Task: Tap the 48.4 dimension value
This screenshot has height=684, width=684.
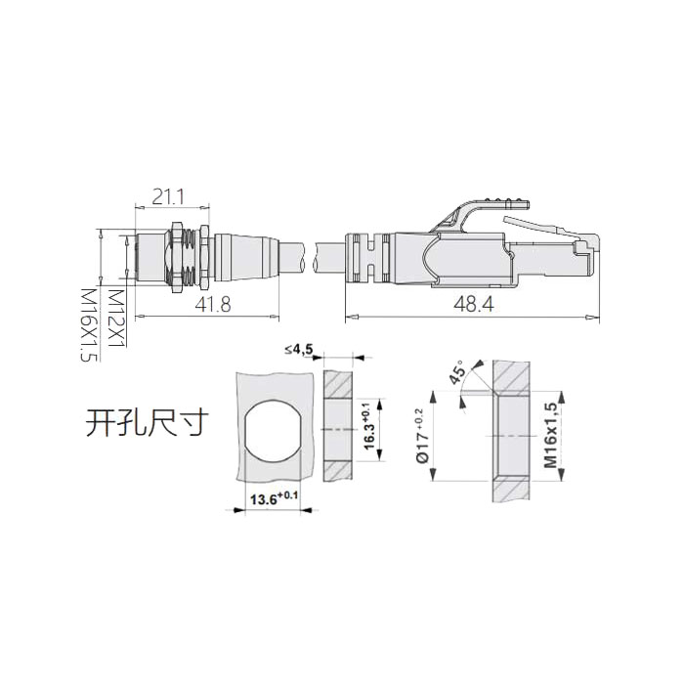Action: tap(473, 305)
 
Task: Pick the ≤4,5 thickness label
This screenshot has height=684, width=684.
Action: tap(298, 350)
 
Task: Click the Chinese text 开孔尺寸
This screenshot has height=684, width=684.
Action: tap(147, 425)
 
